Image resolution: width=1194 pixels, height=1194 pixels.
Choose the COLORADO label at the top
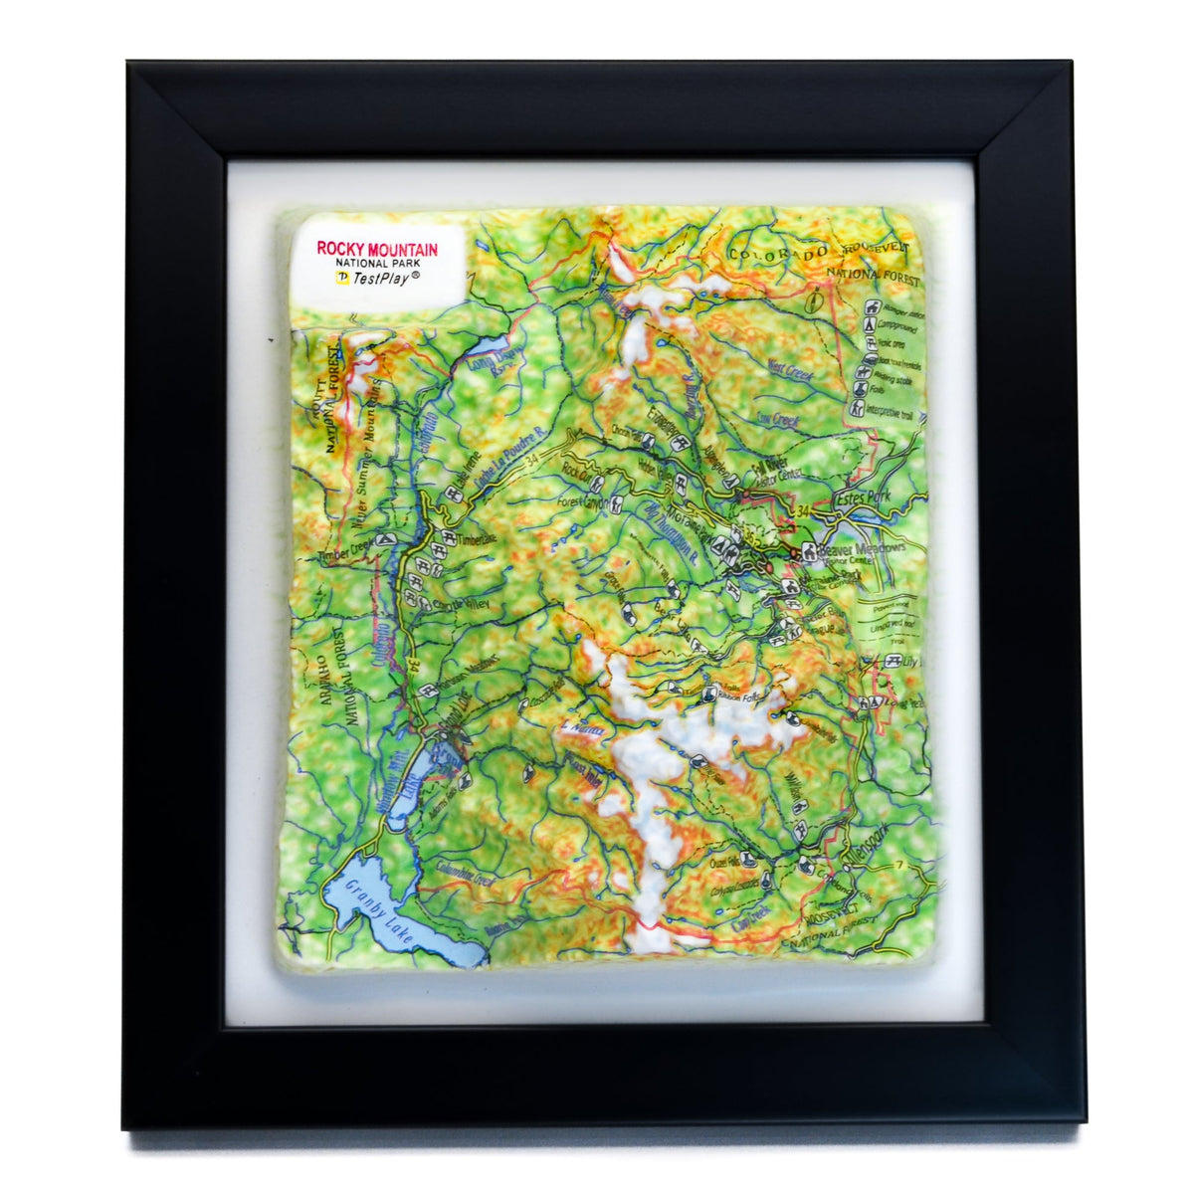tap(777, 255)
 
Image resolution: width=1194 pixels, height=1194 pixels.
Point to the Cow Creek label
tap(778, 419)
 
